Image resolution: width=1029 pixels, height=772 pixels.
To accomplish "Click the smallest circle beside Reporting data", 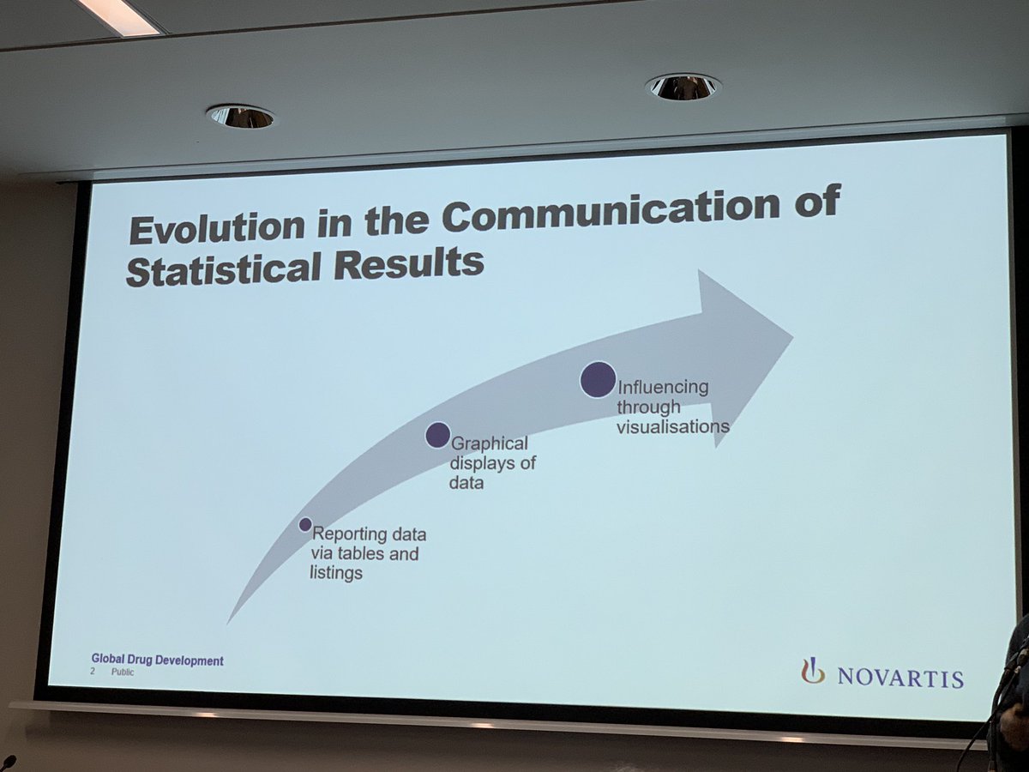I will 305,524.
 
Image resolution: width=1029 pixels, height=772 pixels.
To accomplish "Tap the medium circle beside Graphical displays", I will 437,435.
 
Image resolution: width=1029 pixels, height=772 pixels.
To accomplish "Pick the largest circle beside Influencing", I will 598,379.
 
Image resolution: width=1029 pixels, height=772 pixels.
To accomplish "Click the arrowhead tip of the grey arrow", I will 790,335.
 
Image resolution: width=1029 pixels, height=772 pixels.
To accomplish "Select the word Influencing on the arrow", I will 663,387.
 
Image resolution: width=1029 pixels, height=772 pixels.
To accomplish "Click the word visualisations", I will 673,426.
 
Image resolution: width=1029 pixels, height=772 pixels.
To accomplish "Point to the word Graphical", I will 489,444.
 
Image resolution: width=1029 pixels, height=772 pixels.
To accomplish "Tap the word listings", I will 336,573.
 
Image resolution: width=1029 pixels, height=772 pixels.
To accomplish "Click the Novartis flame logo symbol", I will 812,670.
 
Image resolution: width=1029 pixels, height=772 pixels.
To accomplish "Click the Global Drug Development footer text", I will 158,660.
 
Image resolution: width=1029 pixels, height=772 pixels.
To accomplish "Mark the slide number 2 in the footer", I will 93,672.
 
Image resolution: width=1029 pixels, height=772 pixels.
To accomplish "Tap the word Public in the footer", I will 123,672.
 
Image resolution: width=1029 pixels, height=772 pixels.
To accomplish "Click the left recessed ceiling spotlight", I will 240,116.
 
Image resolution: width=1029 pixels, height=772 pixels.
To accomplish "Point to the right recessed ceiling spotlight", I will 683,86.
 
